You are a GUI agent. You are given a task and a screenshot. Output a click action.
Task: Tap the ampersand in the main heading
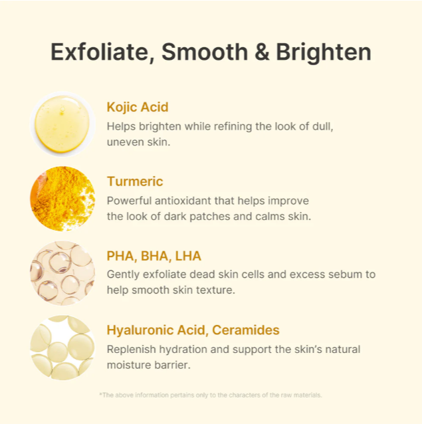(x=262, y=52)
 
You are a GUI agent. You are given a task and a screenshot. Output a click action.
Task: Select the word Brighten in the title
(x=324, y=52)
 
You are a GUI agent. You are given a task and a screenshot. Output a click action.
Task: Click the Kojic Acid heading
(x=138, y=107)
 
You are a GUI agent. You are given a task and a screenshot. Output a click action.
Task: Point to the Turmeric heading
(x=135, y=181)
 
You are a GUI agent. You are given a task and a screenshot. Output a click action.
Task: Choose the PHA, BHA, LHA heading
(x=154, y=256)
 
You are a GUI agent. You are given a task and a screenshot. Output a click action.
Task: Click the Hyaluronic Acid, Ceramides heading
(x=193, y=330)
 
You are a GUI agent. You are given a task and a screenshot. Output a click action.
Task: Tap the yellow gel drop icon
(x=62, y=124)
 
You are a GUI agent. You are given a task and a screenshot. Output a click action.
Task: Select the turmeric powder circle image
(x=62, y=199)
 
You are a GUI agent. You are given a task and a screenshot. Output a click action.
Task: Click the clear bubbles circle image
(x=62, y=273)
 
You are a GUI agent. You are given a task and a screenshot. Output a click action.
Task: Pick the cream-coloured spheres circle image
(x=62, y=348)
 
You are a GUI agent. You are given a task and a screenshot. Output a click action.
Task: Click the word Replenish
(x=131, y=350)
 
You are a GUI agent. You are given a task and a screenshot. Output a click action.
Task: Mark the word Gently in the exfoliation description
(x=123, y=275)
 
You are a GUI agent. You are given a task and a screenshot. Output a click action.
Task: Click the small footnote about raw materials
(x=211, y=395)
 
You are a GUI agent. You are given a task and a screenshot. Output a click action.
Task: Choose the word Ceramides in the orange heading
(x=246, y=330)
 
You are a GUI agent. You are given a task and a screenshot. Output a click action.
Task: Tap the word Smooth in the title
(x=205, y=52)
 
